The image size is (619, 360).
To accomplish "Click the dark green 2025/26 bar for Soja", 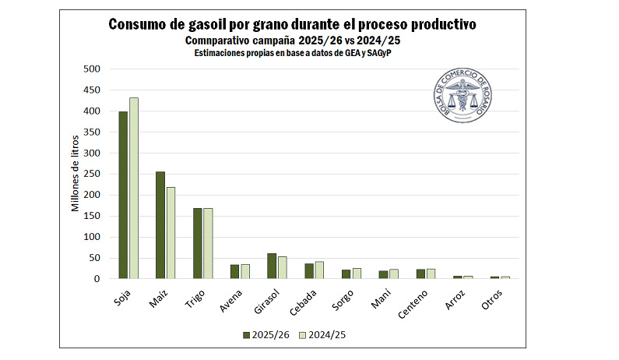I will pyautogui.click(x=123, y=195).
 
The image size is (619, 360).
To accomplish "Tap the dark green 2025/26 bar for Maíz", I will pyautogui.click(x=160, y=225).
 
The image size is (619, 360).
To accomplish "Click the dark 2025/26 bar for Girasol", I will pyautogui.click(x=272, y=266).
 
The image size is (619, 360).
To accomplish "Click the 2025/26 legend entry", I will pyautogui.click(x=269, y=334).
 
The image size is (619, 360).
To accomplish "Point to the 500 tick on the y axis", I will pyautogui.click(x=92, y=69).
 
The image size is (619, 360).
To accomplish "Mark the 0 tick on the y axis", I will pyautogui.click(x=97, y=279).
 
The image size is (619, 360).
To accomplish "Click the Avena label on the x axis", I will pyautogui.click(x=230, y=298).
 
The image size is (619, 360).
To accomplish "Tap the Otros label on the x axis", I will pyautogui.click(x=491, y=298).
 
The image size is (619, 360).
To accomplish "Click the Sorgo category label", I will pyautogui.click(x=342, y=298).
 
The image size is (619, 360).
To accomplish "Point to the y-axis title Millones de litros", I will pyautogui.click(x=76, y=174).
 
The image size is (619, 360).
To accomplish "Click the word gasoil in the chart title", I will pyautogui.click(x=201, y=24).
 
